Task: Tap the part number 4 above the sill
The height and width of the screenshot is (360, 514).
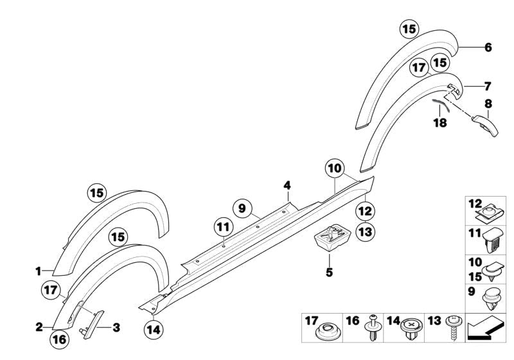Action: (288, 186)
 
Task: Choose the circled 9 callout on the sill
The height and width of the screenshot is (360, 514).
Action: (242, 208)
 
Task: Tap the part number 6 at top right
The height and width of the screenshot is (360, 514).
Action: (488, 48)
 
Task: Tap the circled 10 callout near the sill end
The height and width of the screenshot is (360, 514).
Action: (334, 169)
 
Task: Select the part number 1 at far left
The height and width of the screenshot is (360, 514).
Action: (38, 271)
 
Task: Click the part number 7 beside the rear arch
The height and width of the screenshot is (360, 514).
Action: (488, 85)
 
